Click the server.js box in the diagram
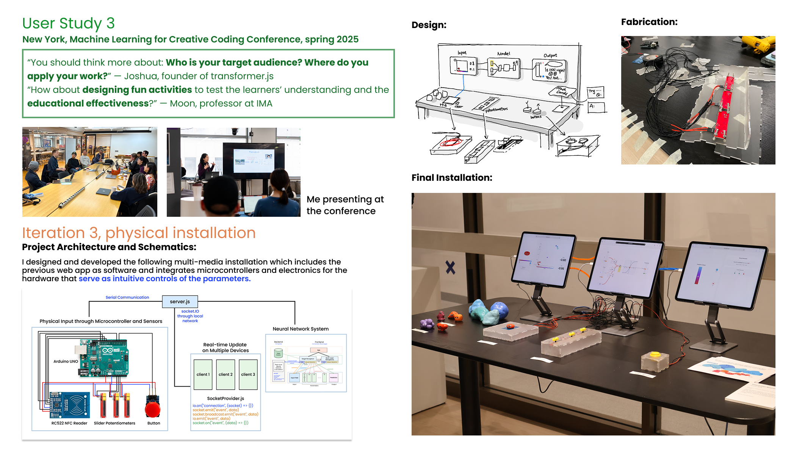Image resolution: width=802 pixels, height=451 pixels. point(180,302)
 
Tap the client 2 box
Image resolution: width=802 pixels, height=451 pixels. point(226,374)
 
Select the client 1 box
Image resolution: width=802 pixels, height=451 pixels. point(203,374)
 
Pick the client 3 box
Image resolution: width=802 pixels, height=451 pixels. point(248,374)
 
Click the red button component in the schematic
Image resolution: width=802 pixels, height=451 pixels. point(153,409)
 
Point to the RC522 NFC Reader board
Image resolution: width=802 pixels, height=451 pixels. point(70,405)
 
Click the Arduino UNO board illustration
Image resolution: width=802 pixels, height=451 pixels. point(102,357)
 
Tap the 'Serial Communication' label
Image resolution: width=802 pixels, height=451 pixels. point(127,298)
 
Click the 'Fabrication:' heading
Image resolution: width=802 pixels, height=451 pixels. point(649,22)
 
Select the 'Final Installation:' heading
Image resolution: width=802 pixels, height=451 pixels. point(452,178)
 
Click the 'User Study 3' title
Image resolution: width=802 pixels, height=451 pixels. point(68,23)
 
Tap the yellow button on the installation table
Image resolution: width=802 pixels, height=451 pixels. point(655,355)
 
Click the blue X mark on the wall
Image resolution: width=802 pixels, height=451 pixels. point(450,268)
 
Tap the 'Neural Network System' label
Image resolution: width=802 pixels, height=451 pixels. point(301,329)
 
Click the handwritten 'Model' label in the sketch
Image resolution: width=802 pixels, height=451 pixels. point(504,54)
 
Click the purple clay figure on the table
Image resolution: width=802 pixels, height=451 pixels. point(427,323)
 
